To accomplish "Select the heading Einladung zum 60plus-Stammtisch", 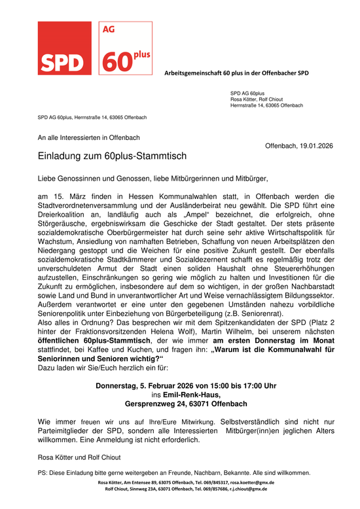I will [x=112, y=157].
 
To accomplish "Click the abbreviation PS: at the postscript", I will [x=43, y=473].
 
